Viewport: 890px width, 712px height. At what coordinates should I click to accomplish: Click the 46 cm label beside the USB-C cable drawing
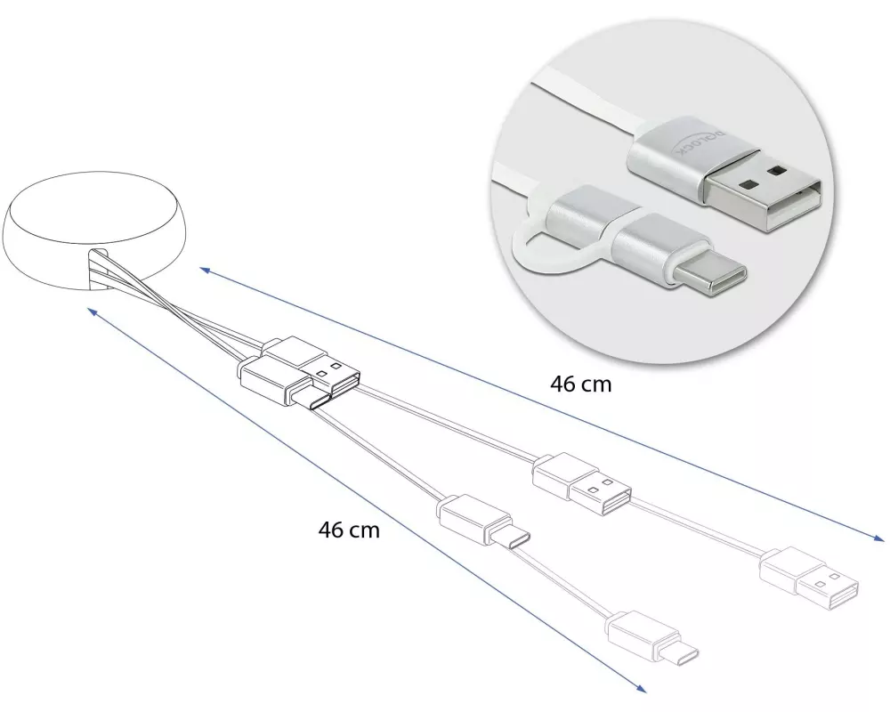click(349, 530)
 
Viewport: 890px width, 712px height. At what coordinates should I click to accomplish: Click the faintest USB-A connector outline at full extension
click(810, 579)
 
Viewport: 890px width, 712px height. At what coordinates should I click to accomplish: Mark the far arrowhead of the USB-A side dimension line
click(883, 539)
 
